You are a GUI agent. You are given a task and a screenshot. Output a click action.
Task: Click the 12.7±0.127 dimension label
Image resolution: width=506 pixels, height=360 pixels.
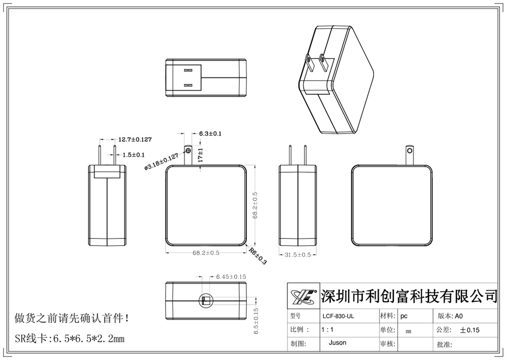pos(135,139)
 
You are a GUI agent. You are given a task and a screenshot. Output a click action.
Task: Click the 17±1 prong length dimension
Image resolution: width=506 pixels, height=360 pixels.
pos(200,155)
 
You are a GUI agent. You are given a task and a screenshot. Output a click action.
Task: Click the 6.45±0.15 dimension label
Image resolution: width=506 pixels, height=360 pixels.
pos(231,276)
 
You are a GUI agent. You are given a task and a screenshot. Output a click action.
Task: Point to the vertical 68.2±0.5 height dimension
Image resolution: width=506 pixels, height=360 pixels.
pos(256,206)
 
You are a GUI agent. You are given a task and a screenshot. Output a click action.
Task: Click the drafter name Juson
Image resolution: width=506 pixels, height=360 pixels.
pos(338,343)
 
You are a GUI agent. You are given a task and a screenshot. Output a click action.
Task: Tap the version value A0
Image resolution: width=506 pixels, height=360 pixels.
pos(459,316)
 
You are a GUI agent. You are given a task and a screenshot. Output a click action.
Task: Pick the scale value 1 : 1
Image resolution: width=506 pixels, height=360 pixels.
pos(327,330)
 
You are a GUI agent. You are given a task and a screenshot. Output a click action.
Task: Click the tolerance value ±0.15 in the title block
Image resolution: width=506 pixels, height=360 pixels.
pos(470,330)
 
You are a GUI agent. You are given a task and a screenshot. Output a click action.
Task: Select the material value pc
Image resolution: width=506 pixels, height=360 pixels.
pos(404,316)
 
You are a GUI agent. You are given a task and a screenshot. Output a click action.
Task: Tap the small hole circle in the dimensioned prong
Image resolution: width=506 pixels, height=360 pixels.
pos(189,151)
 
